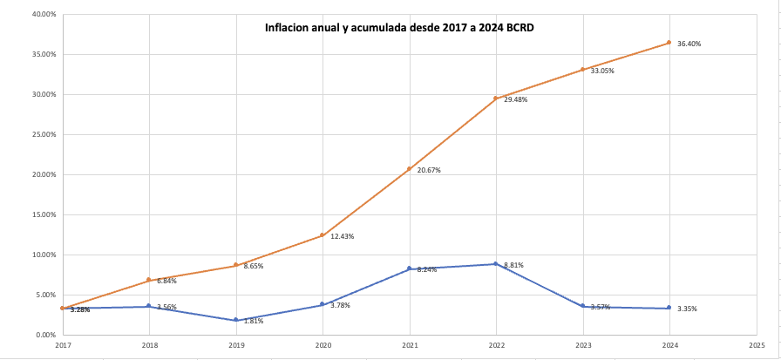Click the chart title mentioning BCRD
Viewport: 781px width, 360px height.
pyautogui.click(x=399, y=28)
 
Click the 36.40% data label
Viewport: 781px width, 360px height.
pyautogui.click(x=689, y=44)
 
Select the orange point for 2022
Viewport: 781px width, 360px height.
pyautogui.click(x=496, y=98)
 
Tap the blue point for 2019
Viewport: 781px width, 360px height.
pyautogui.click(x=236, y=320)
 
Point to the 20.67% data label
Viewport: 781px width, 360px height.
pyautogui.click(x=429, y=170)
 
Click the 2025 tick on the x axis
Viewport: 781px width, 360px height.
pyautogui.click(x=756, y=346)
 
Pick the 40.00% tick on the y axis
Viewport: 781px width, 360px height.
pyautogui.click(x=44, y=14)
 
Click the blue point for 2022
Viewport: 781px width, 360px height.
pyautogui.click(x=496, y=264)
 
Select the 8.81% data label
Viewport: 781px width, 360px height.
pyautogui.click(x=513, y=265)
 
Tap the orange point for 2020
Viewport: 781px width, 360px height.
pyautogui.click(x=323, y=235)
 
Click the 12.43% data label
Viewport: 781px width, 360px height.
pyautogui.click(x=342, y=237)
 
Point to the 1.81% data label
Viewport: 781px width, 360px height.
pyautogui.click(x=255, y=322)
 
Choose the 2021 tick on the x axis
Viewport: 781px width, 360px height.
pyautogui.click(x=410, y=346)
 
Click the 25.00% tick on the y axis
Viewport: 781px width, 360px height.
pyautogui.click(x=44, y=134)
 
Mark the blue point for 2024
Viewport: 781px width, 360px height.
pyautogui.click(x=669, y=308)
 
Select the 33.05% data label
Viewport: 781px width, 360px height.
pyautogui.click(x=602, y=71)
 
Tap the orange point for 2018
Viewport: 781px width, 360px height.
pyautogui.click(x=149, y=280)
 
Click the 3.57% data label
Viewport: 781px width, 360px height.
pyautogui.click(x=602, y=307)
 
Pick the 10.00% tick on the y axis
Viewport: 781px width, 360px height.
pyautogui.click(x=44, y=255)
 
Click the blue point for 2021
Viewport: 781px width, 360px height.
pyautogui.click(x=410, y=268)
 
